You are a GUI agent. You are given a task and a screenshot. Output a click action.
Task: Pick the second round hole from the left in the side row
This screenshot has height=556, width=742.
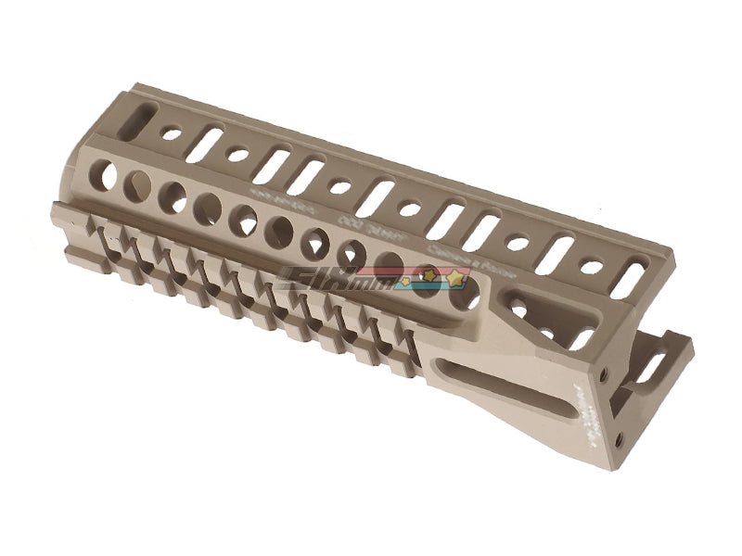pyautogui.click(x=138, y=183)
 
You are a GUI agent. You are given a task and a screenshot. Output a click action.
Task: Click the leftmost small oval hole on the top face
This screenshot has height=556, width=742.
pyautogui.click(x=172, y=134)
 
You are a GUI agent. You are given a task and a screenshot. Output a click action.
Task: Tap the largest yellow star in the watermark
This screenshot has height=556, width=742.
pyautogui.click(x=457, y=277)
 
